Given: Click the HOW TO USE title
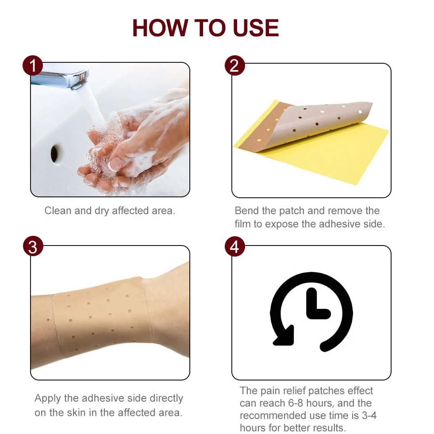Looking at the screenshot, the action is click(205, 28).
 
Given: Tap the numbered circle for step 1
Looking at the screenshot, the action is click(33, 65).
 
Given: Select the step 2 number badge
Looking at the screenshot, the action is click(234, 65).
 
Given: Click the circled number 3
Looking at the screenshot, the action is click(33, 246).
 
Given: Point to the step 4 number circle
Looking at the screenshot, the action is click(235, 246).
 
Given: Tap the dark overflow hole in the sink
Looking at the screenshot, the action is click(54, 153).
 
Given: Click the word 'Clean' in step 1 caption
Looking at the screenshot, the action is click(58, 211).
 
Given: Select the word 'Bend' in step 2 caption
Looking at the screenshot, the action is click(247, 211).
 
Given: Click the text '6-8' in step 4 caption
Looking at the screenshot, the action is click(296, 403).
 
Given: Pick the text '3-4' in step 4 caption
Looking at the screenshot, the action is click(369, 415).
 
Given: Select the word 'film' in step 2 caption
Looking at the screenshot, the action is click(242, 224).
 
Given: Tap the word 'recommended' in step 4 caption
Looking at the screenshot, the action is click(269, 415).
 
